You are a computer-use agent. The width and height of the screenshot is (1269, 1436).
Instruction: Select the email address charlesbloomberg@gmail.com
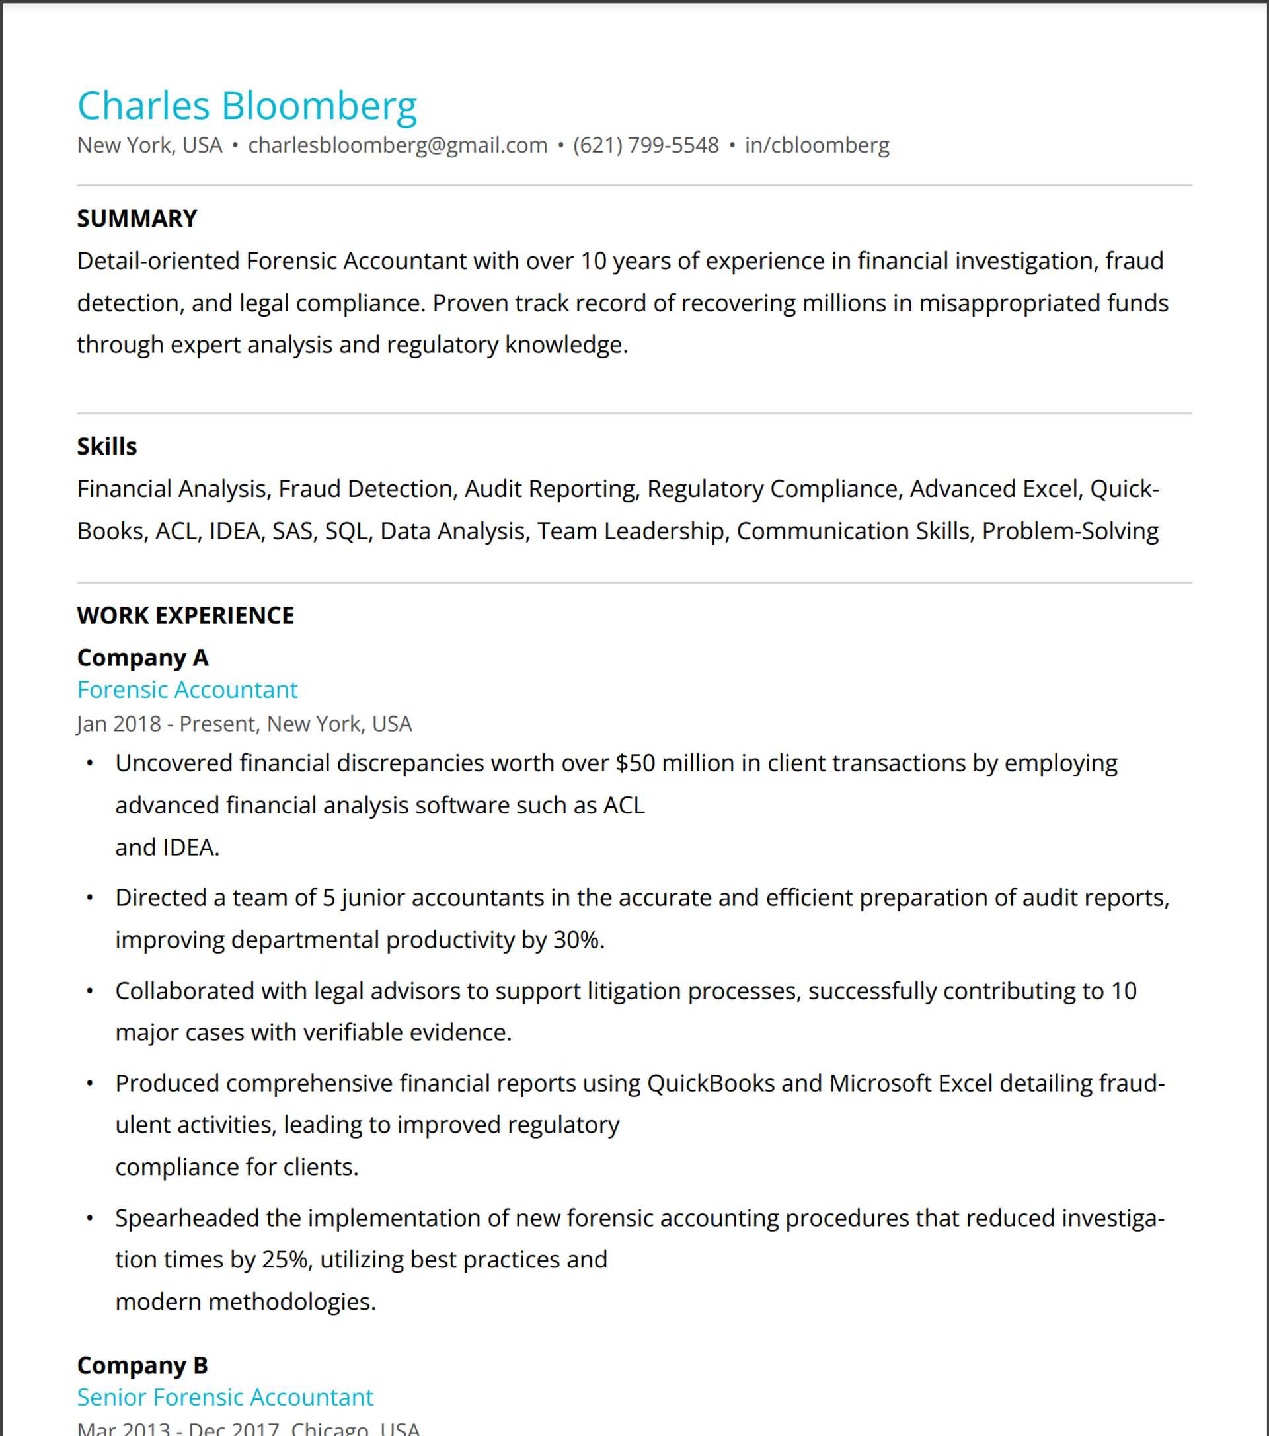pyautogui.click(x=398, y=145)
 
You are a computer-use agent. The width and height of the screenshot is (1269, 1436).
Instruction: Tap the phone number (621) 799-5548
pyautogui.click(x=646, y=145)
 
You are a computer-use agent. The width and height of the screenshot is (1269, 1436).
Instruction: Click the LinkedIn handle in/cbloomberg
pyautogui.click(x=816, y=145)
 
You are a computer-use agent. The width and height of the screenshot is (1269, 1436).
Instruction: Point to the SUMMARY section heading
pyautogui.click(x=137, y=219)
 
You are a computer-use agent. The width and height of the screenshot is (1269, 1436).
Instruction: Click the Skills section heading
pyautogui.click(x=107, y=446)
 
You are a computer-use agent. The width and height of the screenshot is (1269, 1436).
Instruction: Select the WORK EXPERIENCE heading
pyautogui.click(x=186, y=615)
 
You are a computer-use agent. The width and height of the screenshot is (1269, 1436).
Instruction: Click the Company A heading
pyautogui.click(x=143, y=658)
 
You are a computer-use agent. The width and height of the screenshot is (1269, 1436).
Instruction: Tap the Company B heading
pyautogui.click(x=143, y=1365)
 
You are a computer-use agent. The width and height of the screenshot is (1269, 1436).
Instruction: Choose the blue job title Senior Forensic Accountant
pyautogui.click(x=225, y=1398)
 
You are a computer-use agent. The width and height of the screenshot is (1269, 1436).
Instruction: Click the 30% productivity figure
pyautogui.click(x=576, y=940)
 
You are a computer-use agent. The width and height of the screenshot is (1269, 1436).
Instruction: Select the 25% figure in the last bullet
pyautogui.click(x=286, y=1260)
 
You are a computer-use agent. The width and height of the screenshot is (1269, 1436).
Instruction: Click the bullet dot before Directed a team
pyautogui.click(x=90, y=898)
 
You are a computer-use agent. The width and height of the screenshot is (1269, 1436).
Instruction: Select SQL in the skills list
pyautogui.click(x=346, y=531)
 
